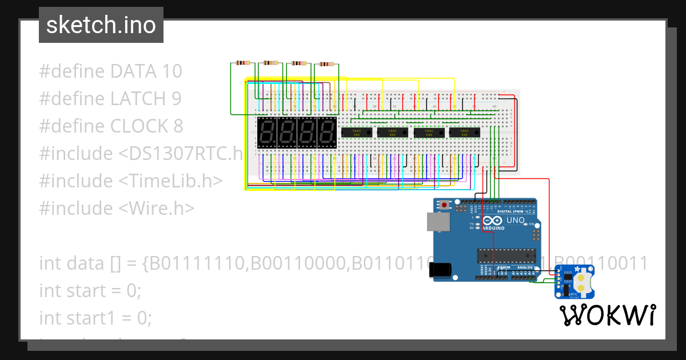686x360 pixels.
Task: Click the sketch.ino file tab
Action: [101, 25]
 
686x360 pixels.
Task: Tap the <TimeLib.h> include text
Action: [170, 181]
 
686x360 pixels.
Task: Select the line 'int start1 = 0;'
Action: [95, 318]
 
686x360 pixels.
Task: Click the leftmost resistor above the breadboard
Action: [243, 63]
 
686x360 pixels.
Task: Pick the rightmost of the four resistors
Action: [327, 64]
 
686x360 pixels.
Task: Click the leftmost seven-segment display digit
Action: [266, 133]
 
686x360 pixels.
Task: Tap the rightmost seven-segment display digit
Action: [327, 133]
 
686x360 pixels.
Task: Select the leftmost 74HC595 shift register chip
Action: [357, 133]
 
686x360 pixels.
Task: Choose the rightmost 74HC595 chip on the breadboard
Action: [464, 133]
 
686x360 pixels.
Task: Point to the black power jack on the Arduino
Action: [441, 270]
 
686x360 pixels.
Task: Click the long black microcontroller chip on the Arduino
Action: [506, 258]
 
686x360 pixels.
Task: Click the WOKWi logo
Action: [607, 315]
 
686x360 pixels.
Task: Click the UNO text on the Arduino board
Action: [516, 220]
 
